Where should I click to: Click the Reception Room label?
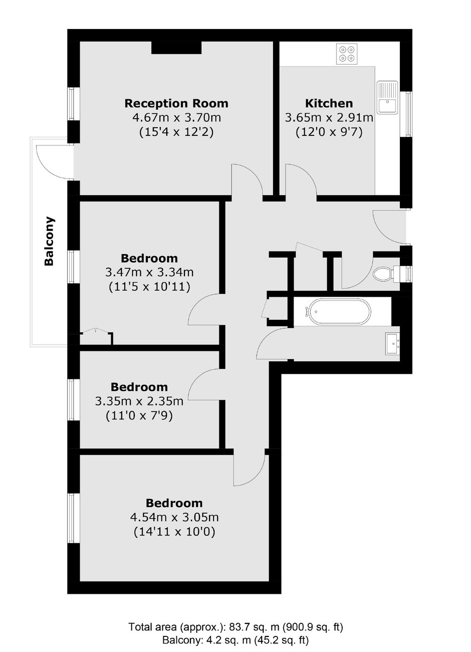click(176, 104)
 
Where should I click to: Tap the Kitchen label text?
click(329, 104)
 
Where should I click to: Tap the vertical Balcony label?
click(49, 241)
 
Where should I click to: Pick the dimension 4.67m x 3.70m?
click(176, 118)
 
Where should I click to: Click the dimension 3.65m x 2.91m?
click(329, 118)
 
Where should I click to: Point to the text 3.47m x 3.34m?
click(149, 273)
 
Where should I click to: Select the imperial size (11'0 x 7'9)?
click(139, 415)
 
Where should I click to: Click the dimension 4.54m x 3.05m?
click(174, 517)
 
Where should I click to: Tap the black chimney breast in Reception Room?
click(176, 48)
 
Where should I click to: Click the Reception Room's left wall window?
click(73, 104)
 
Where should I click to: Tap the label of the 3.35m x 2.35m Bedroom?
click(139, 387)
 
